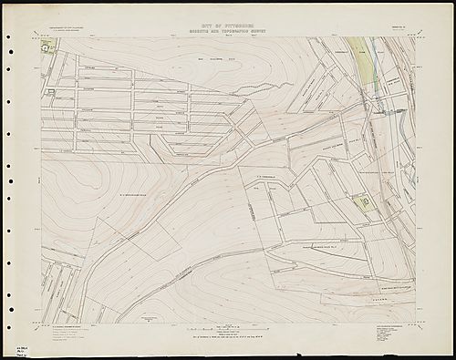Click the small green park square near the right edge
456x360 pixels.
tap(365, 201)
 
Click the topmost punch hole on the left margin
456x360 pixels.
tap(8, 37)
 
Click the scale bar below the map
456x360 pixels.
tap(227, 324)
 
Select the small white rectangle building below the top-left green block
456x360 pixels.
tap(50, 92)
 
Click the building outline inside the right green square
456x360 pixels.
tap(366, 201)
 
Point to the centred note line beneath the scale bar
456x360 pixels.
tap(227, 337)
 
